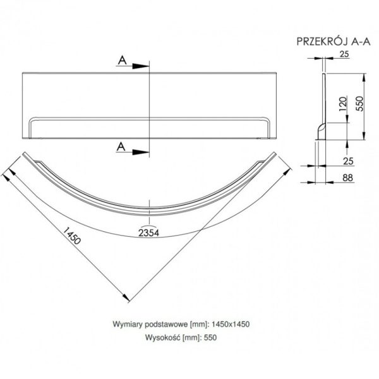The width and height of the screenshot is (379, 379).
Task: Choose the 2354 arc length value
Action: [148, 232]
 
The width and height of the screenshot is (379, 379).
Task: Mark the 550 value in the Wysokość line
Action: [211, 337]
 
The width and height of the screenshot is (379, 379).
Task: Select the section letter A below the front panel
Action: [121, 147]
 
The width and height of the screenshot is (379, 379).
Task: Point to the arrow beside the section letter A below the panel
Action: [139, 150]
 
